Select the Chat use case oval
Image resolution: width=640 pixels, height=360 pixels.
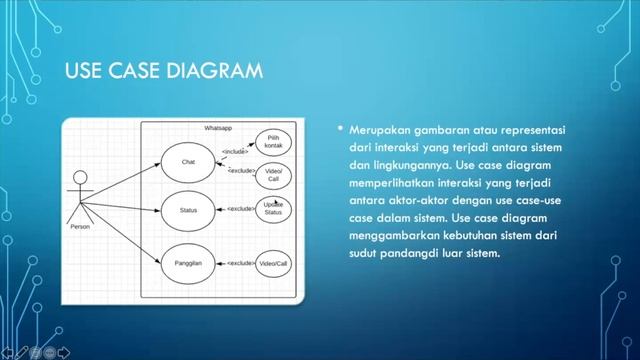pyautogui.click(x=188, y=162)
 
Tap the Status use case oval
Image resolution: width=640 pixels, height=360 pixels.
pyautogui.click(x=188, y=210)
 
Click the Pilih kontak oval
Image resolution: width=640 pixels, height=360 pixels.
pyautogui.click(x=273, y=142)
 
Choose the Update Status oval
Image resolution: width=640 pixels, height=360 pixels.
pyautogui.click(x=273, y=209)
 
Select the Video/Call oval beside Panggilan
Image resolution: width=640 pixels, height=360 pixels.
pyautogui.click(x=273, y=263)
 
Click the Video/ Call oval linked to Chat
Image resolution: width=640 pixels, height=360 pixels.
pyautogui.click(x=273, y=176)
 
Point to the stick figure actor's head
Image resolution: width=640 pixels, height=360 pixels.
pyautogui.click(x=80, y=179)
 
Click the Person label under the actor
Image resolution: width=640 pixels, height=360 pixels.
pyautogui.click(x=80, y=227)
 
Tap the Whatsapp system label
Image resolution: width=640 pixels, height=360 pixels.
pyautogui.click(x=218, y=129)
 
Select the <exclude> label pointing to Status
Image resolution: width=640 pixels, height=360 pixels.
pyautogui.click(x=240, y=209)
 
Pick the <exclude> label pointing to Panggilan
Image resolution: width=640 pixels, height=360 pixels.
pyautogui.click(x=241, y=263)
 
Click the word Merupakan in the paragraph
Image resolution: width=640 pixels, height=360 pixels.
pyautogui.click(x=381, y=131)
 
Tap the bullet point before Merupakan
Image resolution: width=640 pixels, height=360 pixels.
pyautogui.click(x=341, y=129)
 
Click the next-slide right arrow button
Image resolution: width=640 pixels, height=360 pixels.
pyautogui.click(x=64, y=351)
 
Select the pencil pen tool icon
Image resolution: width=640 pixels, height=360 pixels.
pyautogui.click(x=20, y=351)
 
